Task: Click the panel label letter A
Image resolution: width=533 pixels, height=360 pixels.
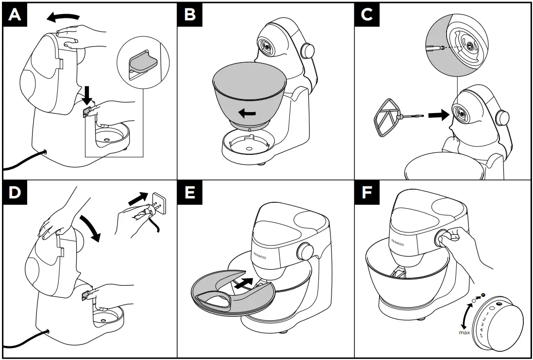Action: [x=16, y=15]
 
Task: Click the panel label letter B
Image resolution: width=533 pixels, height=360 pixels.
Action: [x=190, y=15]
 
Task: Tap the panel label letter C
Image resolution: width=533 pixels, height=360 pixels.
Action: [x=367, y=15]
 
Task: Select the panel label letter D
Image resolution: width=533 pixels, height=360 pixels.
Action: [x=16, y=193]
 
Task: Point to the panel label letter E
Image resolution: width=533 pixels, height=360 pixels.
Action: [x=190, y=193]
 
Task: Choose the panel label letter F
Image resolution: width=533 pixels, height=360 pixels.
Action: [x=367, y=193]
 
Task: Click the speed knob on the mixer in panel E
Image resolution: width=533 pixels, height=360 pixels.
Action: [x=305, y=251]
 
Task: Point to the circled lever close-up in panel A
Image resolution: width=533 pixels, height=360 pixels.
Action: [x=140, y=63]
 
